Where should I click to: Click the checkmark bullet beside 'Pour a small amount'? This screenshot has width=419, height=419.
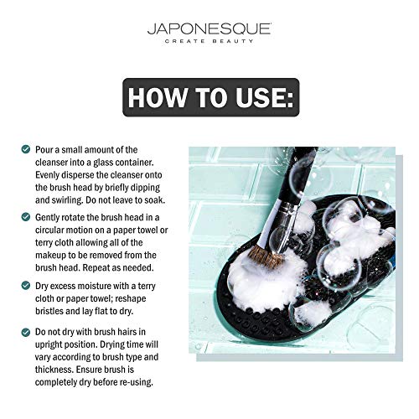coord(26,149)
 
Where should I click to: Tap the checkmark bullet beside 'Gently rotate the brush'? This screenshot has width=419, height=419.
coord(26,216)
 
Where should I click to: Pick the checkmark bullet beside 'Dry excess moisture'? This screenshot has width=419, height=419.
coord(26,284)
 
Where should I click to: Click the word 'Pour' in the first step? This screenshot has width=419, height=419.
coord(45,149)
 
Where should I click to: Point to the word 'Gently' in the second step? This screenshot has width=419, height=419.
coord(50,216)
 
